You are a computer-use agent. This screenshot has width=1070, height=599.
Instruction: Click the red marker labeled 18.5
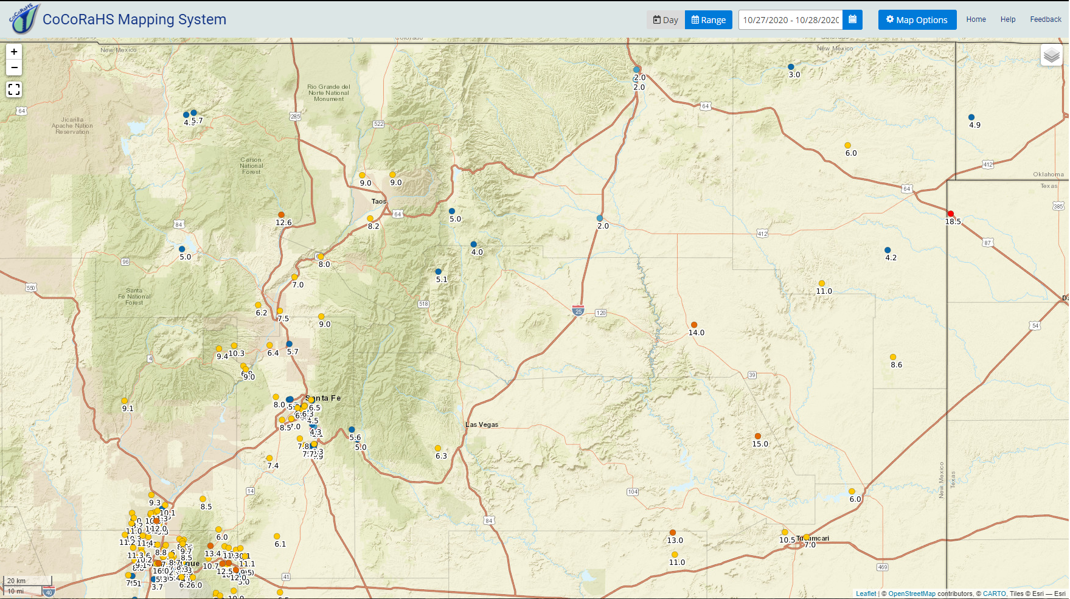pos(951,214)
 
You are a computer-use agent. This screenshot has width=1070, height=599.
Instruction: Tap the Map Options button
pos(917,19)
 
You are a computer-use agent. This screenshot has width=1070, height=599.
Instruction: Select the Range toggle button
pos(708,19)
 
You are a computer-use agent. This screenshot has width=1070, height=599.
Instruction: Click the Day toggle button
pos(665,19)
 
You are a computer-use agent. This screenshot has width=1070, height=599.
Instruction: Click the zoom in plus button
pos(14,52)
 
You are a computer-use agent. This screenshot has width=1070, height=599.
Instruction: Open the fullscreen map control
pos(14,89)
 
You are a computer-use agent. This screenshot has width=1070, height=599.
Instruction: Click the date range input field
pos(790,19)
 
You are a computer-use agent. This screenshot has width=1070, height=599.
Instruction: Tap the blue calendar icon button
pos(852,19)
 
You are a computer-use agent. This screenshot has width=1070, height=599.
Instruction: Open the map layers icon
pos(1051,56)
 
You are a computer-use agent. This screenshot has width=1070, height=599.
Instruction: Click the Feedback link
pos(1045,19)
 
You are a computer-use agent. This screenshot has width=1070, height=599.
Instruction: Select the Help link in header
pos(1007,19)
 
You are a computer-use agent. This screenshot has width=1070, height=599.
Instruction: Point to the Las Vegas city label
pos(482,424)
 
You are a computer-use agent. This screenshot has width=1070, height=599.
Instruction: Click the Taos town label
pos(378,201)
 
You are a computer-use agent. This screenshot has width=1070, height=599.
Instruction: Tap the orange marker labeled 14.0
pos(694,325)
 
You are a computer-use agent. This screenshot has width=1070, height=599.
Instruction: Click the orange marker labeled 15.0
pos(758,436)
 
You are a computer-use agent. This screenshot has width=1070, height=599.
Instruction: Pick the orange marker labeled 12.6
pos(281,215)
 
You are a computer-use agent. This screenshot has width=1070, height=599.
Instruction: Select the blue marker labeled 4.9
pos(971,117)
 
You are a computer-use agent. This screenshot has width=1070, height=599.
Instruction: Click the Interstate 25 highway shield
pos(578,311)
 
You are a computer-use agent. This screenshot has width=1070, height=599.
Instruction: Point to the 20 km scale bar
pos(27,581)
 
